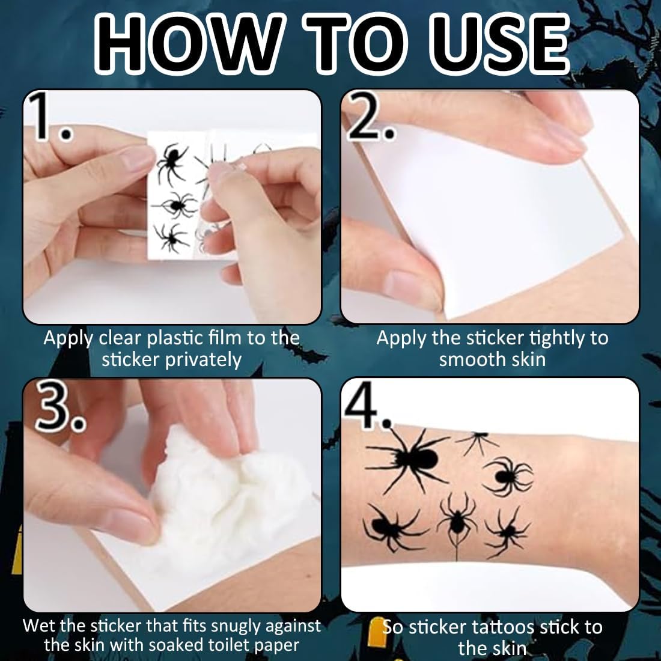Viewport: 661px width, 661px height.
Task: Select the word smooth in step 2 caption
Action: (466, 359)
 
